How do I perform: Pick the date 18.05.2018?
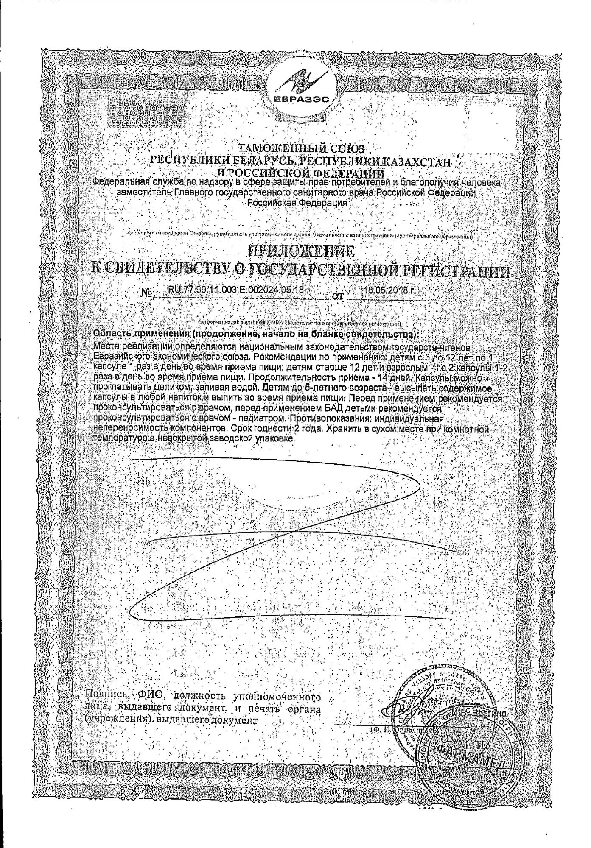click(389, 291)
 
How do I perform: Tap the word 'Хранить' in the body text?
click(342, 429)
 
